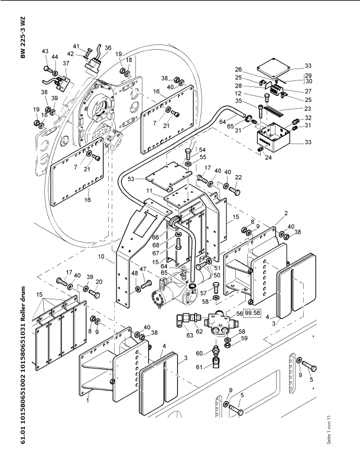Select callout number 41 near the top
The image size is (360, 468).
tap(76, 46)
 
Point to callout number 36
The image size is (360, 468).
tap(108, 48)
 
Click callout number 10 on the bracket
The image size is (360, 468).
tap(102, 257)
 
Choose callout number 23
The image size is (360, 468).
tap(307, 108)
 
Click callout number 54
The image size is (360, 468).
tap(202, 150)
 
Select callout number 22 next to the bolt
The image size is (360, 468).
tap(238, 178)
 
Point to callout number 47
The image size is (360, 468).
tap(142, 270)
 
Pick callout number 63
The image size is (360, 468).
tap(189, 335)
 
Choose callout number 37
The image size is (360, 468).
tap(66, 63)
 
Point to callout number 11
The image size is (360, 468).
tap(150, 191)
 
